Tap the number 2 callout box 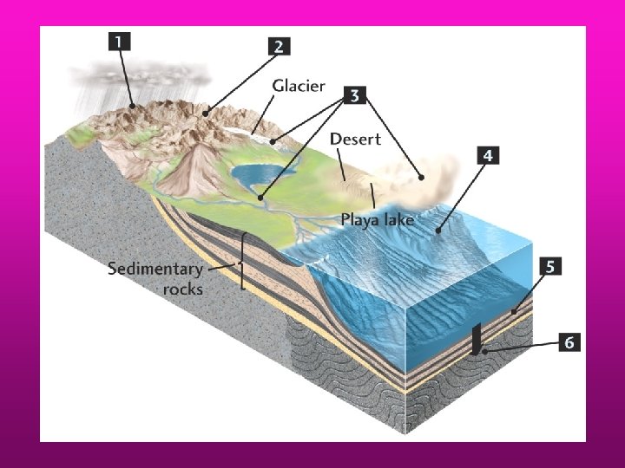pos(278,47)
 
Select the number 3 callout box pos(353,95)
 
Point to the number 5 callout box pos(549,266)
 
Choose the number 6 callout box pos(569,342)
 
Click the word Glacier pos(299,85)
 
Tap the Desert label pos(355,139)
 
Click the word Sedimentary pos(155,269)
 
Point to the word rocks pos(182,289)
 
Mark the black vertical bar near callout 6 pos(476,339)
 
